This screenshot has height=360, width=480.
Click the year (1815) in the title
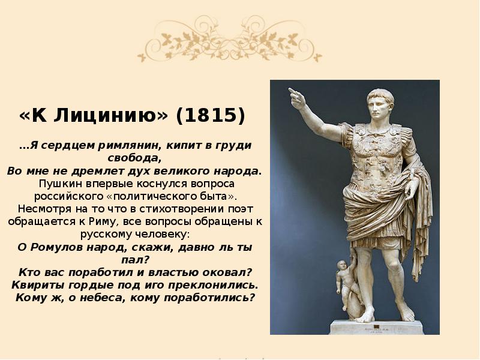pos(210,115)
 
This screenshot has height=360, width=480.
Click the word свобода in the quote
pos(136,158)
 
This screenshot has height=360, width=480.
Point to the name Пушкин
pos(56,184)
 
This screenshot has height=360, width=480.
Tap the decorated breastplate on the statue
pos(374,150)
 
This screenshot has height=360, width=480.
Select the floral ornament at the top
pos(230,38)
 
